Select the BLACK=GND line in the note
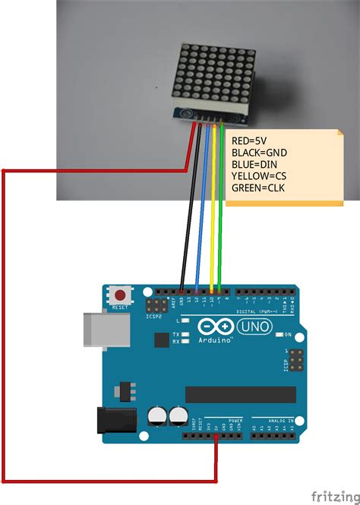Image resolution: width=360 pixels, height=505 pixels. (258, 153)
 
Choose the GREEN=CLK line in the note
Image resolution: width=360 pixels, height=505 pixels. (258, 187)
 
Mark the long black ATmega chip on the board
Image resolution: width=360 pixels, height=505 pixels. (241, 395)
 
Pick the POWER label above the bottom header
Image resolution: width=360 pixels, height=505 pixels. (235, 420)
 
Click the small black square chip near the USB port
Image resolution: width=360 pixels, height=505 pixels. (160, 339)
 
